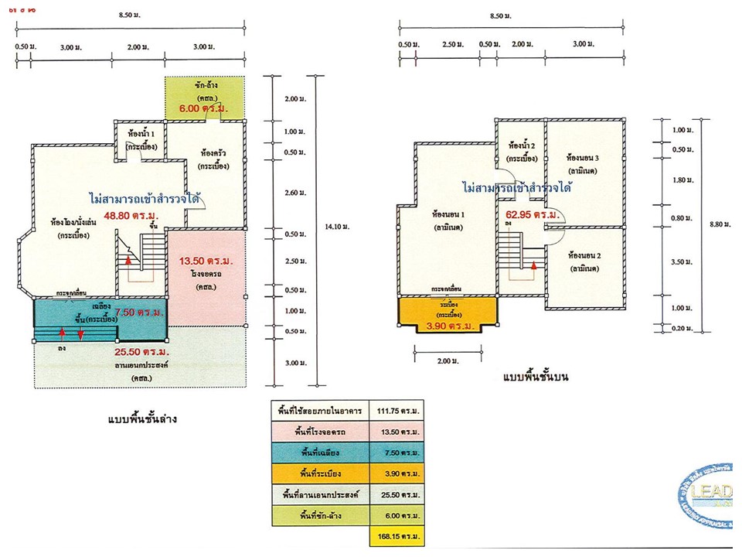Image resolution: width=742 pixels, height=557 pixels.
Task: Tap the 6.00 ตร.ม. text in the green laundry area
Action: pos(204,109)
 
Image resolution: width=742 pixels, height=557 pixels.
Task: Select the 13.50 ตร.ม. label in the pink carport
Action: pos(206,261)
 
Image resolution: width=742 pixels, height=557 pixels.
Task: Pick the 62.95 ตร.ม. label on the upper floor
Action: pos(533,214)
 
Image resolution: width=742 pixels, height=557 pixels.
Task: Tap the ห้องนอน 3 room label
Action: pos(583,159)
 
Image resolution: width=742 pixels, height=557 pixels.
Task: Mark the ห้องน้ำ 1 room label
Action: pos(142,132)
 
